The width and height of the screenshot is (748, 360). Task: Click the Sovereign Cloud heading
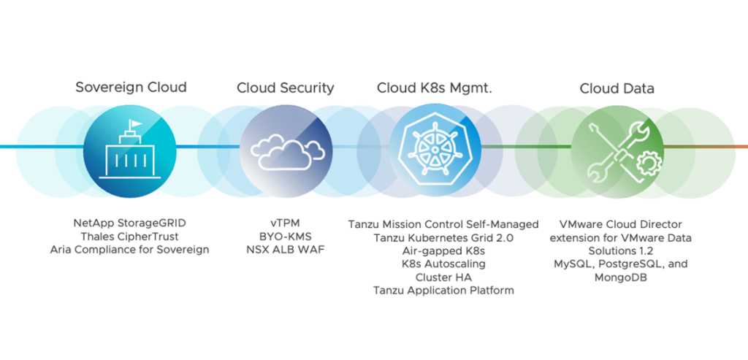131,88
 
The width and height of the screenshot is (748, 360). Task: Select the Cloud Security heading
285,88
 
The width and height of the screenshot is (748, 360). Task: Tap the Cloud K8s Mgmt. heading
434,88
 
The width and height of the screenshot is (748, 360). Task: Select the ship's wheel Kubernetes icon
435,148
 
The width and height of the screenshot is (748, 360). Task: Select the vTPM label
286,223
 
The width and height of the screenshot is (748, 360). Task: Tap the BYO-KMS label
286,237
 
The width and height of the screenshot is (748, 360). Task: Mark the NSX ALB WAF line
286,250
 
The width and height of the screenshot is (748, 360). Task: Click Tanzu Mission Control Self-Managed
443,223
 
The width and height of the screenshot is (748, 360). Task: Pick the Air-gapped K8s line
443,250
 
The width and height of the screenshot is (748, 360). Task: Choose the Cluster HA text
443,277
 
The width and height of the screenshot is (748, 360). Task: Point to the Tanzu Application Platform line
443,291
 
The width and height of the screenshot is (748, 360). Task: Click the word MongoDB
620,277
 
